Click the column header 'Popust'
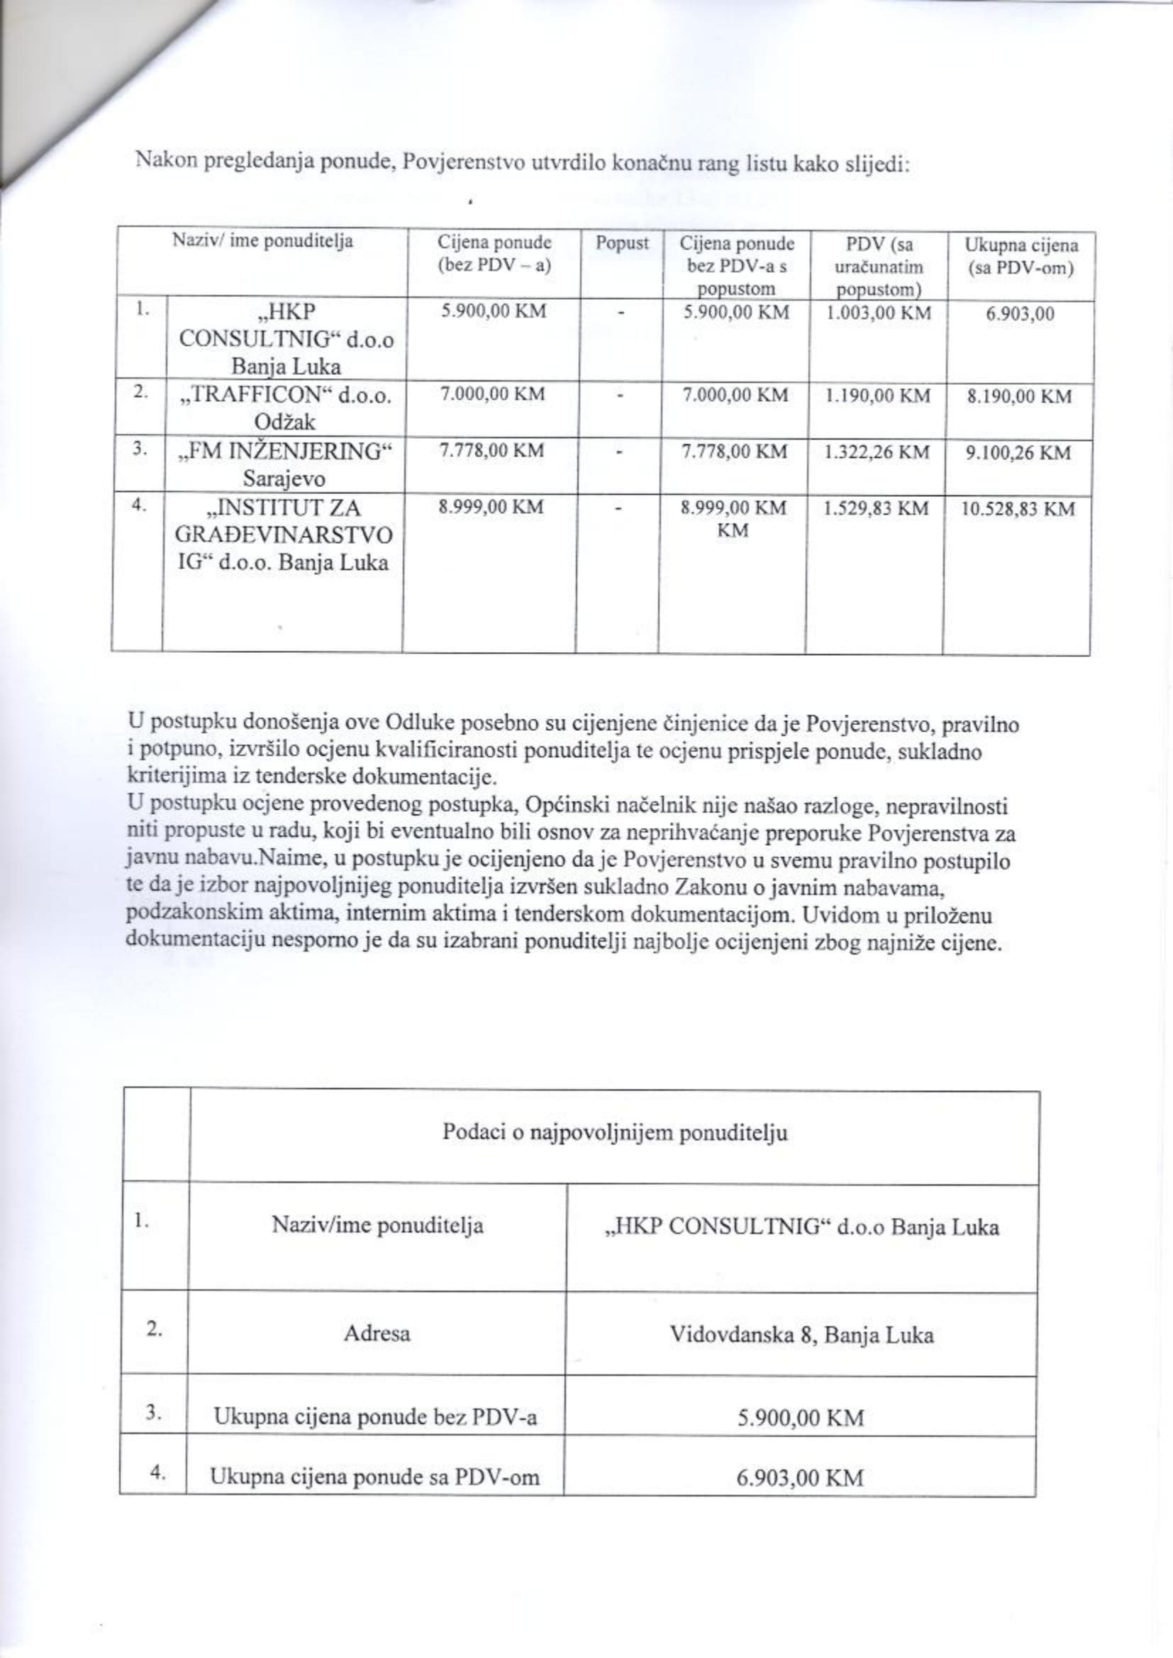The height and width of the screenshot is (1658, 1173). (x=621, y=243)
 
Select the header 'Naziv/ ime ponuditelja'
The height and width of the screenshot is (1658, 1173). (x=262, y=241)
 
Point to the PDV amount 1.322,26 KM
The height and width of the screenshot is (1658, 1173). (x=877, y=452)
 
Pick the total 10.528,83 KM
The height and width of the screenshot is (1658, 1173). (x=1018, y=509)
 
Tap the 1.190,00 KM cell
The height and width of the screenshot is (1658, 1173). (x=877, y=396)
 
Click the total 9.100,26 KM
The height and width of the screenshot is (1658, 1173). (x=1019, y=453)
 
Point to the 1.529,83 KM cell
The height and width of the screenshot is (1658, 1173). (x=875, y=508)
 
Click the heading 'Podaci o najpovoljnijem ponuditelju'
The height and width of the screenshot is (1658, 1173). (x=615, y=1131)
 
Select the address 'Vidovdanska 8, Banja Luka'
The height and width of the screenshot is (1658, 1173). (x=802, y=1335)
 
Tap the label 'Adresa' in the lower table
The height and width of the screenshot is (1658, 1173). (x=377, y=1333)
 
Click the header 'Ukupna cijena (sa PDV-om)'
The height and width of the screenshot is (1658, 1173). (x=1021, y=257)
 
